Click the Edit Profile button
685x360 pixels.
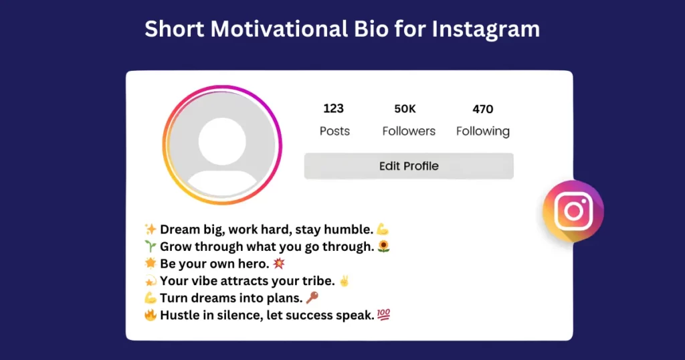point(409,166)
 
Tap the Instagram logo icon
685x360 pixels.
point(573,211)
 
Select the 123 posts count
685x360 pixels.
point(333,109)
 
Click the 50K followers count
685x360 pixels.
point(405,109)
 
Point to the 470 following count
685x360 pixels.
point(482,109)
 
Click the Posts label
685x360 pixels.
point(334,131)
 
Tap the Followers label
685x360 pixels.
point(409,131)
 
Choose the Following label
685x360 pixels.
point(482,131)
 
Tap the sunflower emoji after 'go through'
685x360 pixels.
point(384,247)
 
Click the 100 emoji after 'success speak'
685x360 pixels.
point(383,315)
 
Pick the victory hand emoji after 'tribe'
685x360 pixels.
point(345,281)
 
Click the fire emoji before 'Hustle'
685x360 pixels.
point(151,315)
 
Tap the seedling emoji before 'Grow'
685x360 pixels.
point(151,247)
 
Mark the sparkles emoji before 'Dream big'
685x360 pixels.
point(151,230)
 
